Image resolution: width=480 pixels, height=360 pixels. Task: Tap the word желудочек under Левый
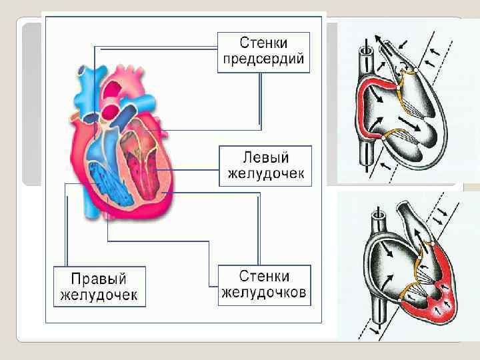click(x=265, y=174)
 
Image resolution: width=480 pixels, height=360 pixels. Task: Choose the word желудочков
click(x=264, y=292)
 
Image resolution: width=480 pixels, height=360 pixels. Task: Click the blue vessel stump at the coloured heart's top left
click(x=81, y=69)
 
